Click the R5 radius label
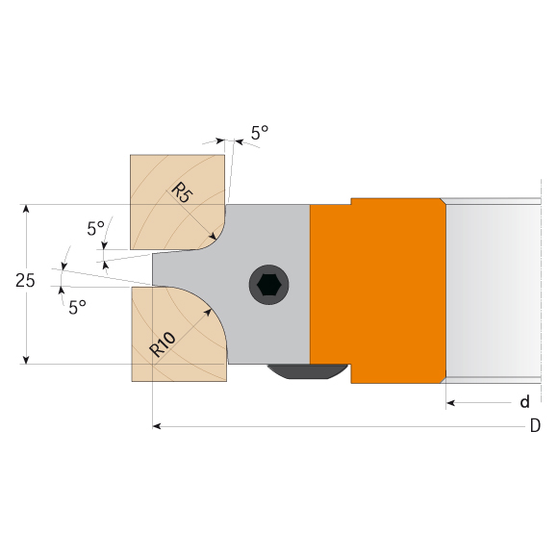[x=182, y=192]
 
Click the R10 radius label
[x=163, y=344]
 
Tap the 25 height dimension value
[x=25, y=281]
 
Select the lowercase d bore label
[x=525, y=402]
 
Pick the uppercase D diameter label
[x=535, y=425]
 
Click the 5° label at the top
[x=260, y=133]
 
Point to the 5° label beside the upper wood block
[x=96, y=228]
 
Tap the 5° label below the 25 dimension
[x=77, y=308]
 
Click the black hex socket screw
[x=269, y=285]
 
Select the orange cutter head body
[x=378, y=291]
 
